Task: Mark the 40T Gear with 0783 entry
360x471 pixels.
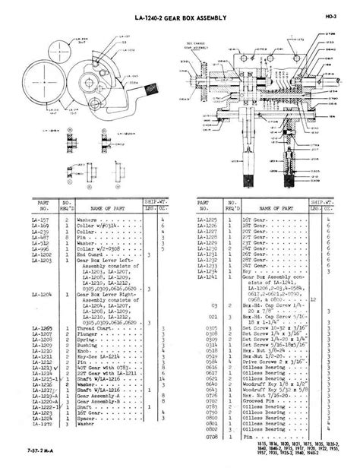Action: (108, 369)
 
